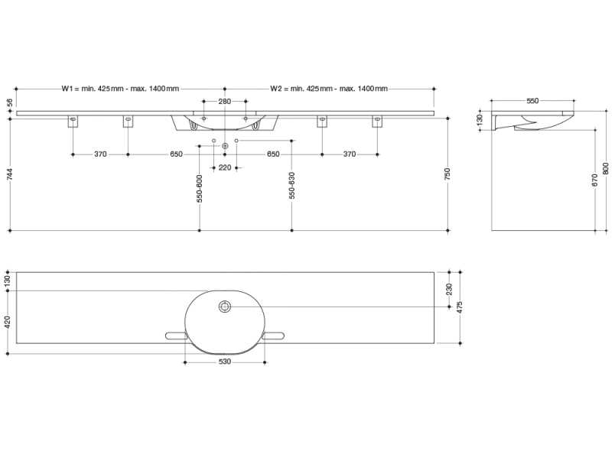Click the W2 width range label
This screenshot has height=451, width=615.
pyautogui.click(x=328, y=89)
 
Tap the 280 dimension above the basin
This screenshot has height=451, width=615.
pyautogui.click(x=224, y=101)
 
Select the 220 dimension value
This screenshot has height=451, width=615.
pyautogui.click(x=224, y=167)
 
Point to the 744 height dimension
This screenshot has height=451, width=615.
pyautogui.click(x=9, y=175)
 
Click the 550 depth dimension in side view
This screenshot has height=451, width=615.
pyautogui.click(x=532, y=101)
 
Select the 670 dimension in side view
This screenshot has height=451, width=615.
pyautogui.click(x=595, y=181)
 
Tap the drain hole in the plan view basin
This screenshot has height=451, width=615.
pyautogui.click(x=224, y=307)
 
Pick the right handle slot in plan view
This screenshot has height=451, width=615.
pyautogui.click(x=272, y=336)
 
